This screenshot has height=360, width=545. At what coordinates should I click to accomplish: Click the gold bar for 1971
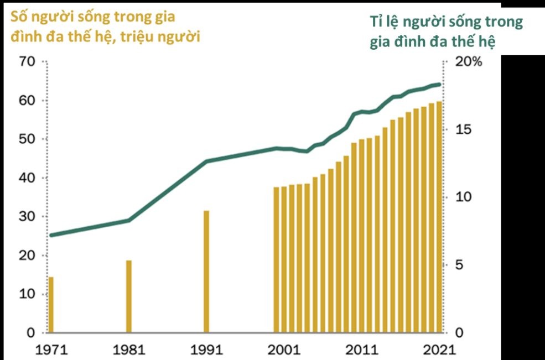click(x=51, y=305)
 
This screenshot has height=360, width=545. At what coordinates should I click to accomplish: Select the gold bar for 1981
click(x=129, y=296)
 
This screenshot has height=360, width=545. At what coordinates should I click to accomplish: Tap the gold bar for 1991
click(x=206, y=272)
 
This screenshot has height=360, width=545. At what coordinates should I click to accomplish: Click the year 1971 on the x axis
click(x=50, y=349)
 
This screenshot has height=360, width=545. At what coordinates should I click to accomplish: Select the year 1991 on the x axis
click(x=206, y=349)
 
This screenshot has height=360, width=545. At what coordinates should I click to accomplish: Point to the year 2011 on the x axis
click(x=362, y=349)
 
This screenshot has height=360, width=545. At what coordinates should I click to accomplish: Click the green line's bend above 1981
click(x=129, y=220)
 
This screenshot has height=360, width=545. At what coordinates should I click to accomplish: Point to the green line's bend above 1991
click(x=206, y=161)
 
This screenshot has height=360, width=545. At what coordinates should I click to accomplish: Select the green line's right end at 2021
click(x=440, y=85)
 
